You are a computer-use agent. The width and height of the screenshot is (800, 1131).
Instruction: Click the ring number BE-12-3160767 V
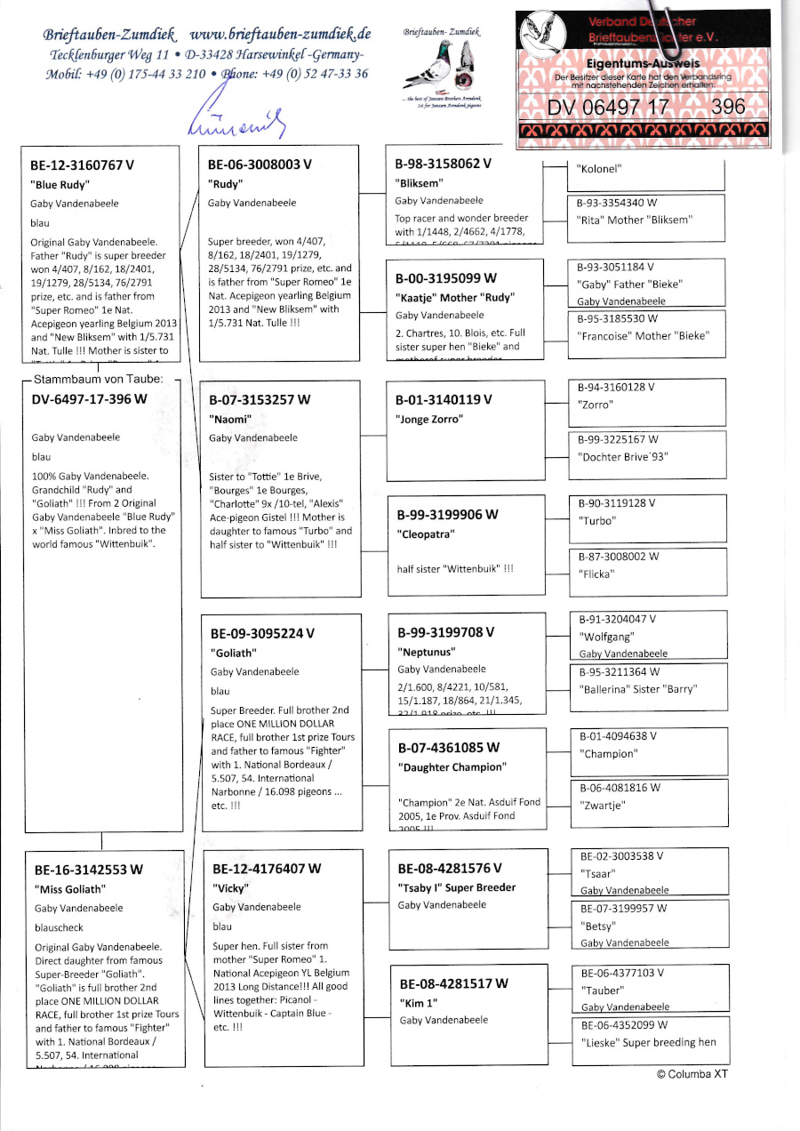[x=83, y=165]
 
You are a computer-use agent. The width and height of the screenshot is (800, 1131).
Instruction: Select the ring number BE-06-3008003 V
[x=260, y=165]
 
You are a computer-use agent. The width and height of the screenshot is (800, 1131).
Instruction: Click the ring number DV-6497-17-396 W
[x=89, y=399]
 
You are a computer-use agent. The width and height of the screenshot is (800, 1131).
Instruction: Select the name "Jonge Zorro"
[x=430, y=420]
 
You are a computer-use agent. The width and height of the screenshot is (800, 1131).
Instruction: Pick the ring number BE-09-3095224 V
[x=262, y=635]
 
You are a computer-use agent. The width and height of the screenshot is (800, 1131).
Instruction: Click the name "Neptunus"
[x=427, y=652]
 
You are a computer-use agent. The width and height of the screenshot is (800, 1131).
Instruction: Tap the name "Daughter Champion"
[x=452, y=767]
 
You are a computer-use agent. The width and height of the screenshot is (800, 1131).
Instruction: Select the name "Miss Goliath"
[x=70, y=889]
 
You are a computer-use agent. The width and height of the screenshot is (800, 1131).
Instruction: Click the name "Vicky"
[x=229, y=888]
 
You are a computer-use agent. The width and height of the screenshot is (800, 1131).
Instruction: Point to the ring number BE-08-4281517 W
[x=453, y=983]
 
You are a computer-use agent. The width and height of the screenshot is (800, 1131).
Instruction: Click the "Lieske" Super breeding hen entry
[x=647, y=1042]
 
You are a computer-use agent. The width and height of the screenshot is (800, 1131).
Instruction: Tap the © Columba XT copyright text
[x=692, y=1074]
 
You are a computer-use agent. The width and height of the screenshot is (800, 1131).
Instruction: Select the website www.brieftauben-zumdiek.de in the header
[x=280, y=35]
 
